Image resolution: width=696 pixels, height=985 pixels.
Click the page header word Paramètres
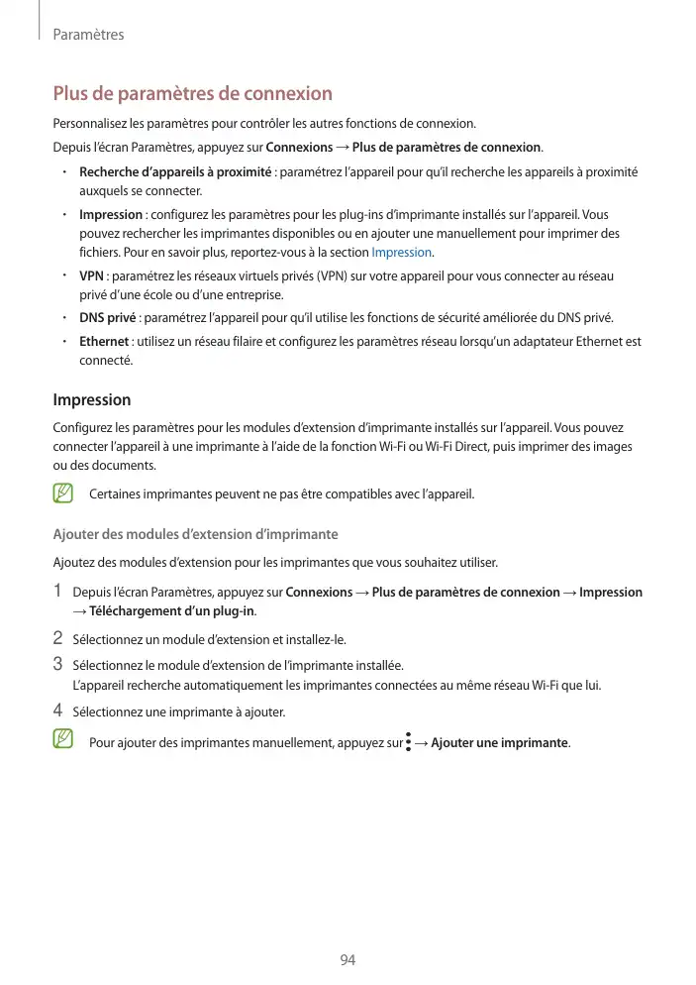[x=88, y=35]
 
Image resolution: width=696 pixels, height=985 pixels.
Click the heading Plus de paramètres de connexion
[x=192, y=94]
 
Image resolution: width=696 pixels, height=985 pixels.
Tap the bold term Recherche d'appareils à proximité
[x=175, y=172]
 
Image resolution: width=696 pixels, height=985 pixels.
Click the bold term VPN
[x=92, y=275]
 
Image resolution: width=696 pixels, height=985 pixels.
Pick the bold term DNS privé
[x=107, y=318]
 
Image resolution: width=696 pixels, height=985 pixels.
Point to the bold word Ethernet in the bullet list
[x=104, y=342]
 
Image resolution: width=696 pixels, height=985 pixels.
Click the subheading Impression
[x=91, y=400]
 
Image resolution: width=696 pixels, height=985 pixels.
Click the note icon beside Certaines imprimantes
[x=64, y=492]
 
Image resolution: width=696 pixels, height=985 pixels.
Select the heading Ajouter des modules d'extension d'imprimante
[x=195, y=534]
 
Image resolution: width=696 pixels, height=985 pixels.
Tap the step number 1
[x=57, y=593]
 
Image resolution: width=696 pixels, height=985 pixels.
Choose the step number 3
[x=57, y=664]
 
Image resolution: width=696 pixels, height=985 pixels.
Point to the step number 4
[x=57, y=711]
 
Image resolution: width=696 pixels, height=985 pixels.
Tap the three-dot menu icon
[x=408, y=742]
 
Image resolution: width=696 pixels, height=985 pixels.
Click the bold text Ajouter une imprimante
[x=500, y=743]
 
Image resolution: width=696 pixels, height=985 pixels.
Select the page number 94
[x=348, y=960]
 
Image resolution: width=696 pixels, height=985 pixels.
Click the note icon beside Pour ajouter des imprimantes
[x=64, y=740]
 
